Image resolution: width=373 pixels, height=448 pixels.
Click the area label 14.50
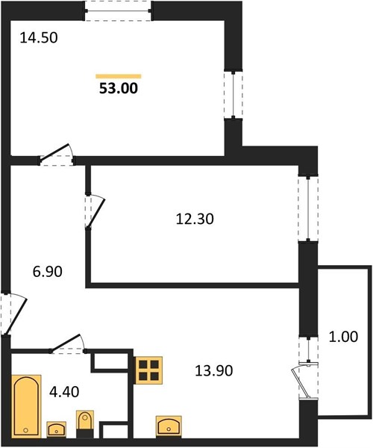[39, 38]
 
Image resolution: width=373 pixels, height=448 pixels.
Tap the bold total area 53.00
[119, 88]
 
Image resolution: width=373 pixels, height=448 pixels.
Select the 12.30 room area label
[195, 219]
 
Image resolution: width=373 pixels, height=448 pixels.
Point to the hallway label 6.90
[48, 272]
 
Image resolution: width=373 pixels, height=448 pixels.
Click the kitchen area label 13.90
[214, 370]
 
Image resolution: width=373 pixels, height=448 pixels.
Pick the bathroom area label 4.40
[64, 392]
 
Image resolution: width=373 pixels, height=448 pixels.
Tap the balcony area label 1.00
[343, 337]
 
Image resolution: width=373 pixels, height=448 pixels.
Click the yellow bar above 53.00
[119, 76]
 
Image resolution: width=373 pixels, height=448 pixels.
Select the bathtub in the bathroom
[26, 406]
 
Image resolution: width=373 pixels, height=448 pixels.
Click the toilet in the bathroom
[85, 424]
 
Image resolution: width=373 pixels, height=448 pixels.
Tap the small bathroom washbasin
[56, 429]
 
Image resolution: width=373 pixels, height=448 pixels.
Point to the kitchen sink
[169, 426]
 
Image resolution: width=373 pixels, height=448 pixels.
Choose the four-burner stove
[148, 370]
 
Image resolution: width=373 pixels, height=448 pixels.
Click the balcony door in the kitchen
[305, 380]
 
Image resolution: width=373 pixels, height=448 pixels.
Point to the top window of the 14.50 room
[118, 11]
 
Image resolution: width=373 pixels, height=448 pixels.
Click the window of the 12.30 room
[308, 208]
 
